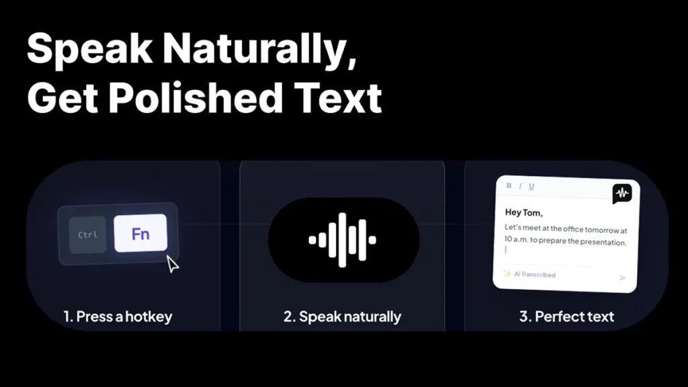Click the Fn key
coord(140,233)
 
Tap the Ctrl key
coord(88,234)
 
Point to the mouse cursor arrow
coord(172,264)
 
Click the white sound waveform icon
coord(342,240)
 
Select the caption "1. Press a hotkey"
coord(118,316)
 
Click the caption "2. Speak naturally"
coord(342,316)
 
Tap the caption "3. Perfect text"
coord(566,316)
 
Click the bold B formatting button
coord(509,185)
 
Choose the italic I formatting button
coord(520,186)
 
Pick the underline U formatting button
coord(531,187)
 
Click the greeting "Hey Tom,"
coord(524,212)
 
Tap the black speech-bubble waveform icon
coord(622,193)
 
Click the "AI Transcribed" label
coord(534,275)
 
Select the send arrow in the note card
coord(623,277)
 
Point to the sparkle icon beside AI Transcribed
coord(507,273)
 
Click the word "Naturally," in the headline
coord(259,48)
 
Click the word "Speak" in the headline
coord(90,48)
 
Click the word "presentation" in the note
coord(603,242)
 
